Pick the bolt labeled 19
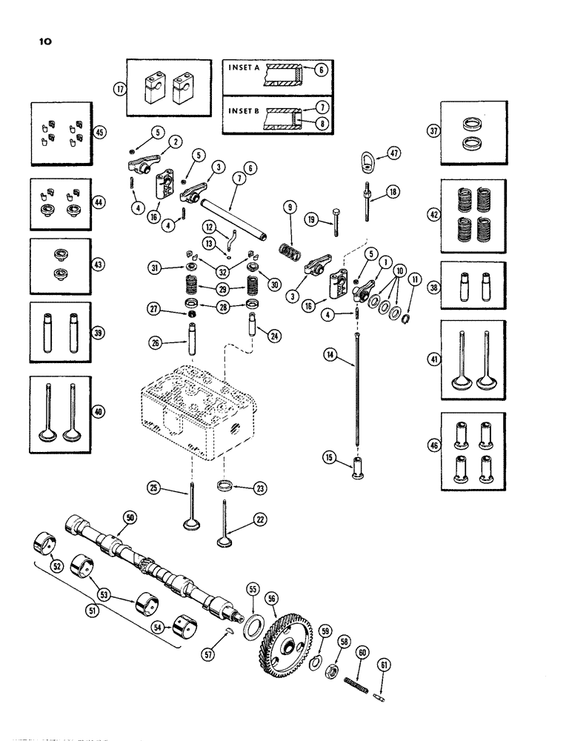point(335,221)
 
